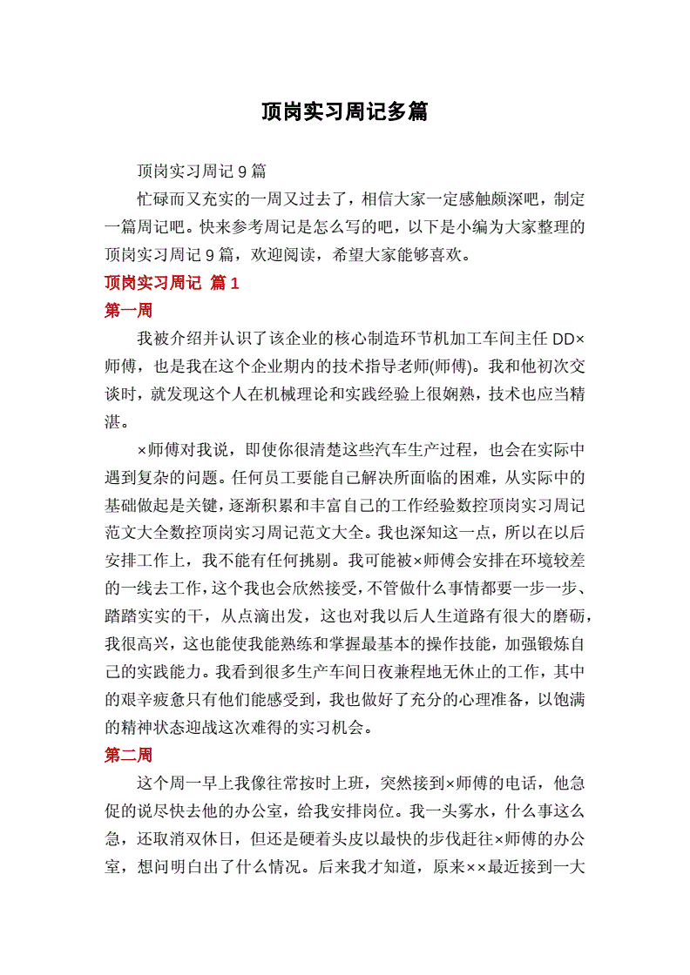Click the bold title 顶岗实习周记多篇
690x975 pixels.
click(x=345, y=111)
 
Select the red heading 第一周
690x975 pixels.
click(x=128, y=311)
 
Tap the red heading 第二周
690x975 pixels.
click(x=128, y=755)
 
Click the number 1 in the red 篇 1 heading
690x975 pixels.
click(x=233, y=283)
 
